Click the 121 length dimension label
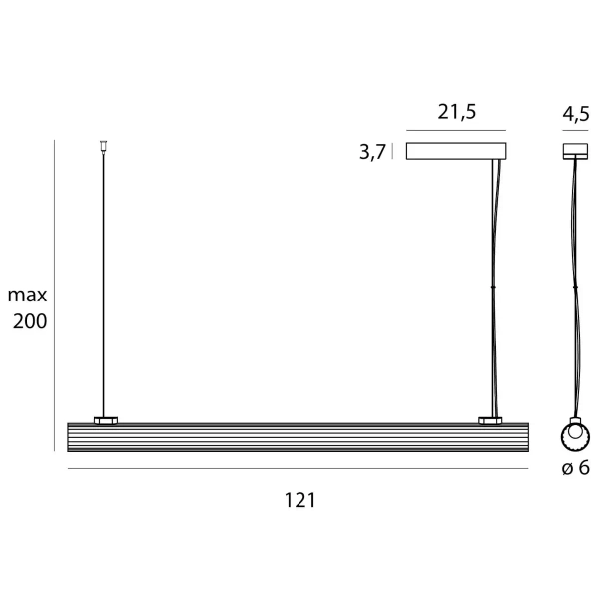[x=300, y=500]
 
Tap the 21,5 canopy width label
[x=457, y=112]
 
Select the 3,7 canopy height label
[x=372, y=152]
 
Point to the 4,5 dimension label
[x=576, y=114]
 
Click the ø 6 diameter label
[x=576, y=468]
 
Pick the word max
[x=27, y=295]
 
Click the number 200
[x=30, y=321]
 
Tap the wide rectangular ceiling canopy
[x=456, y=151]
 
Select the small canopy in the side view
[x=575, y=151]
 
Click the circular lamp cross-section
[x=575, y=438]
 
